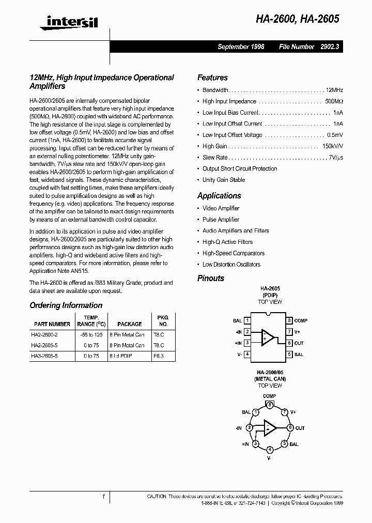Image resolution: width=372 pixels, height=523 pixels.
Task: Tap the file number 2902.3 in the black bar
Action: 328,47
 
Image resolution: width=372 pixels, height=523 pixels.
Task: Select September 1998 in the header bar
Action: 241,47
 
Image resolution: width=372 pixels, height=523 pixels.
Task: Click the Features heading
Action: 212,78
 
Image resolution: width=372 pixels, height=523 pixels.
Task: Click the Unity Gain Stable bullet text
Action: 224,180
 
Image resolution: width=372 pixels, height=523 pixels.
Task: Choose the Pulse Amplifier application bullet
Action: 221,220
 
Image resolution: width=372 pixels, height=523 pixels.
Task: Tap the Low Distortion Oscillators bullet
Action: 231,265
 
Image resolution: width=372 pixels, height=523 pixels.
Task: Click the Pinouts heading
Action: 211,278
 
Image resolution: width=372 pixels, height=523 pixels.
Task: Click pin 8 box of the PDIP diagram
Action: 290,321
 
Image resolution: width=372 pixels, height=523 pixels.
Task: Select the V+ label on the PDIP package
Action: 298,332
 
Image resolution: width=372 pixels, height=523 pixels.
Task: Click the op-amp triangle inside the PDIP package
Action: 268,337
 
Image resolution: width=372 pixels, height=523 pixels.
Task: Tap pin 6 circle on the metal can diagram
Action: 290,428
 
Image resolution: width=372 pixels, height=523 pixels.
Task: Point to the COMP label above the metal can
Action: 269,396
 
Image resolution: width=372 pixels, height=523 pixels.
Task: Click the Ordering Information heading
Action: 66,305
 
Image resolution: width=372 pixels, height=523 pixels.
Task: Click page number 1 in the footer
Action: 103,497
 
